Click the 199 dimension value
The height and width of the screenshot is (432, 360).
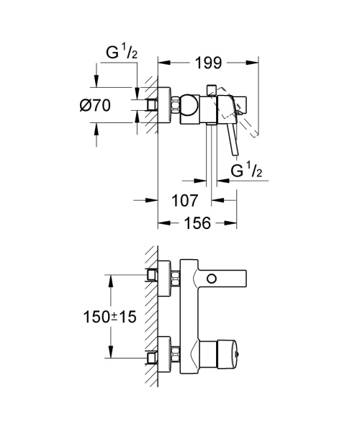click(x=208, y=63)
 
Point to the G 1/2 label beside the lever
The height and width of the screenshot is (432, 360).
click(x=246, y=171)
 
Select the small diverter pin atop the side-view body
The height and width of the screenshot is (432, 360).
click(x=210, y=89)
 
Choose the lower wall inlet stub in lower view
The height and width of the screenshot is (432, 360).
click(x=153, y=355)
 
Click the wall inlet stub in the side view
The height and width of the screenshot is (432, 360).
click(x=153, y=104)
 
